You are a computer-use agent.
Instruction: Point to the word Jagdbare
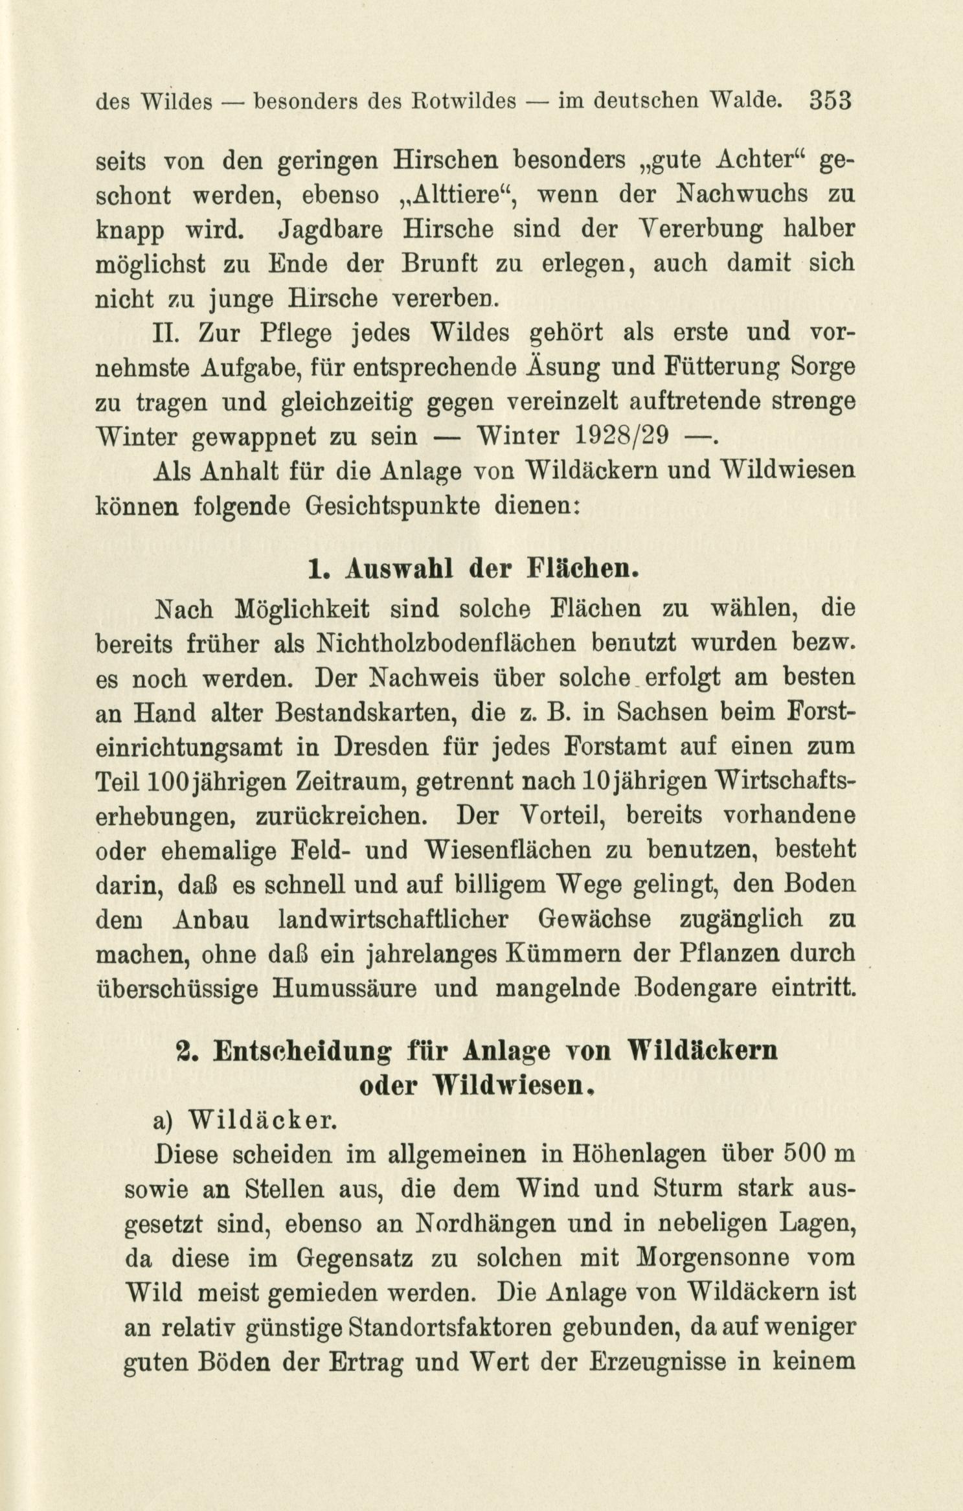point(321,230)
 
